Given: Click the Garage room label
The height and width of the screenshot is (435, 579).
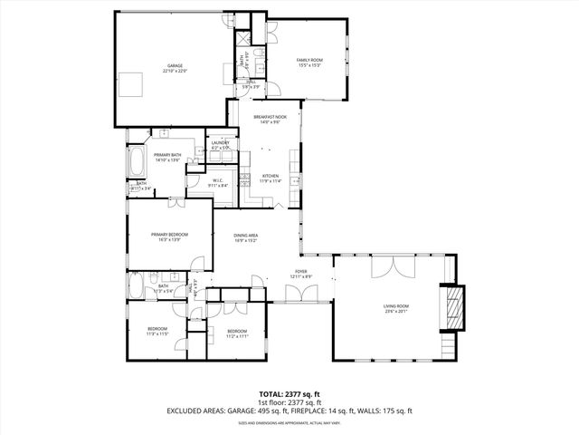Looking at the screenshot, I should click(x=175, y=65).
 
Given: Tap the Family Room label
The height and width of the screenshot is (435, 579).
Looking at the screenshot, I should click(x=309, y=61).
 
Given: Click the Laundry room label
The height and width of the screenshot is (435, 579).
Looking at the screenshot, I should click(x=220, y=142).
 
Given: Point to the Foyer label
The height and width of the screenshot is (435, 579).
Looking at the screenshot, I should click(x=299, y=270).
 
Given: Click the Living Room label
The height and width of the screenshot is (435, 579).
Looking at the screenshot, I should click(x=396, y=307).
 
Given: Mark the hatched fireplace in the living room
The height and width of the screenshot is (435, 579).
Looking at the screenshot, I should click(x=451, y=309).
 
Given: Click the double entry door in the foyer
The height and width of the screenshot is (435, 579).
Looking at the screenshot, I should click(x=296, y=293).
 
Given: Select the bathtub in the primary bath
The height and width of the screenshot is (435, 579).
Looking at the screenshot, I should click(x=138, y=164).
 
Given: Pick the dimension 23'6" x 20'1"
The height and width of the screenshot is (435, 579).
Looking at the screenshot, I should click(x=396, y=313).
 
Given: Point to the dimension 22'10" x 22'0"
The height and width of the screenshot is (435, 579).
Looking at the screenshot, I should click(x=175, y=71).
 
